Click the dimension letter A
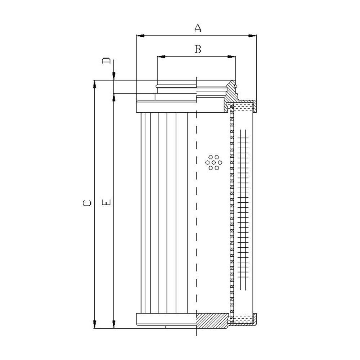click(x=198, y=28)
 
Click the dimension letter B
click(x=198, y=49)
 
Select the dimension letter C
click(x=87, y=203)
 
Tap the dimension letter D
click(x=106, y=60)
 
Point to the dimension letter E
click(x=107, y=202)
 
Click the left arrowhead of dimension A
click(x=140, y=36)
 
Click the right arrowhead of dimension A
click(x=252, y=36)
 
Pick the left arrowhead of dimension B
click(x=161, y=57)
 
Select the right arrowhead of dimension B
click(x=231, y=57)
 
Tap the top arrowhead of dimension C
click(x=94, y=84)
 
